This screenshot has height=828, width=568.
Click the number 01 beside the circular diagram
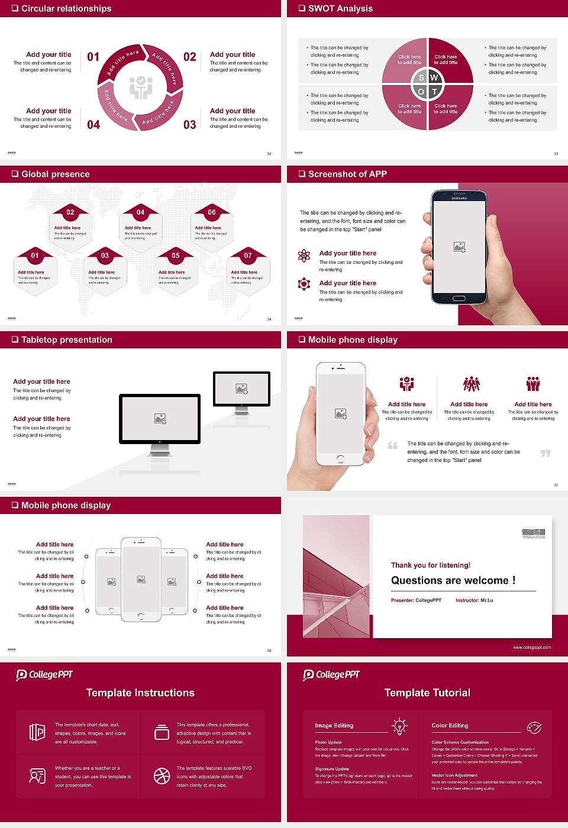click(x=93, y=57)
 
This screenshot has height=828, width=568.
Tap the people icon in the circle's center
click(x=141, y=88)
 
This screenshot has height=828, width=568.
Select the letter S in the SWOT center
click(x=421, y=77)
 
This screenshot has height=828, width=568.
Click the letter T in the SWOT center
click(x=434, y=92)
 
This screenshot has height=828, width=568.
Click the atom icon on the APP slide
click(x=304, y=255)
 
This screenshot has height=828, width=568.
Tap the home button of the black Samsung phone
click(x=460, y=299)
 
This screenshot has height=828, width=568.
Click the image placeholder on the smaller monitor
click(x=241, y=389)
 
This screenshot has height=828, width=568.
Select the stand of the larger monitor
click(x=160, y=451)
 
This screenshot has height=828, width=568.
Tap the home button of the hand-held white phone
click(x=340, y=459)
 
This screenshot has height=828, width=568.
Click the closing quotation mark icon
click(x=546, y=453)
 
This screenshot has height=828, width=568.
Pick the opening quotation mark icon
click(x=393, y=445)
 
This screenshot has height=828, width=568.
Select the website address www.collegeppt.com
click(x=532, y=647)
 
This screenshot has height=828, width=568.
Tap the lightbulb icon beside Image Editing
click(x=400, y=726)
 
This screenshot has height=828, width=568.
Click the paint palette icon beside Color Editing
click(x=534, y=727)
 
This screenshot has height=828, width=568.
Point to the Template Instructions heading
click(x=140, y=693)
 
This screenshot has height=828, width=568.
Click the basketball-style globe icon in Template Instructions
click(x=162, y=776)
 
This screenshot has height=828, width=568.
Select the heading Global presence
click(x=56, y=174)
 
